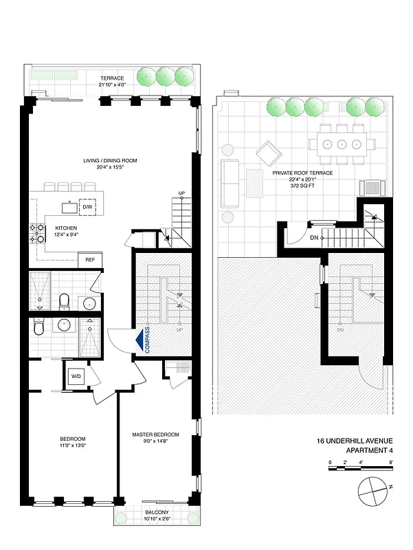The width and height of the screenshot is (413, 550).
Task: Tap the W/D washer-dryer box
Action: (74, 375)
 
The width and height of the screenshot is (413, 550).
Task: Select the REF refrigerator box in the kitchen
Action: (90, 260)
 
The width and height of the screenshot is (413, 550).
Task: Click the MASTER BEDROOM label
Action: (156, 434)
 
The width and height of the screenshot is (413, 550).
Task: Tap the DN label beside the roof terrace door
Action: (314, 238)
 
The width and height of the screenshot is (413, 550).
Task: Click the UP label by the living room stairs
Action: (181, 193)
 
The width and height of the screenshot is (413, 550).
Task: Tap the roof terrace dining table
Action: (342, 144)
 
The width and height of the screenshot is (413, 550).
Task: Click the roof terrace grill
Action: (371, 186)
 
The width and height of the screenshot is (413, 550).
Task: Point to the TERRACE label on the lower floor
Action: (112, 78)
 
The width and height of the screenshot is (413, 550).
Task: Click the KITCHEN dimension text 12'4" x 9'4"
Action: (67, 234)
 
